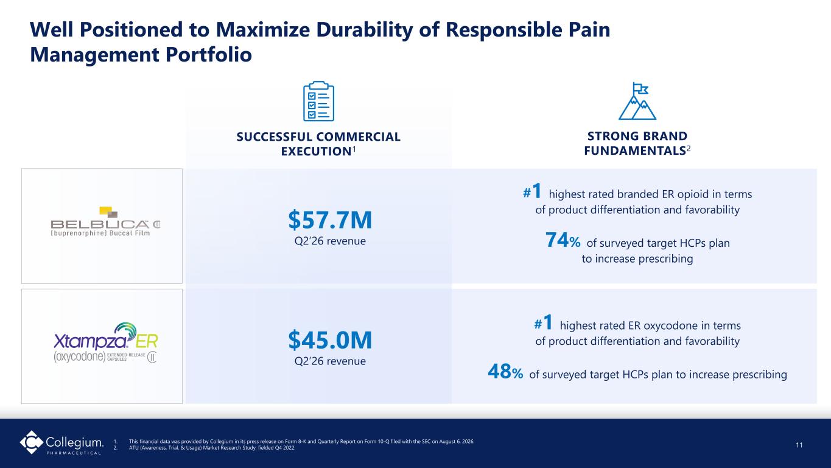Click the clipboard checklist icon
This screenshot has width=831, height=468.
tap(318, 101)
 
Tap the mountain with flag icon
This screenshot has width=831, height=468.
tap(637, 101)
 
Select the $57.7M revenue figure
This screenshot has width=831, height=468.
tap(330, 219)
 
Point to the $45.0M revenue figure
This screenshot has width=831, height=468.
tap(330, 340)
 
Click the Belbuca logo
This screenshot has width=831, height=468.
tap(105, 222)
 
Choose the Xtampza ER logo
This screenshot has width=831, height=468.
tap(106, 342)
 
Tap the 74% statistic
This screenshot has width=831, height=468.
tap(563, 240)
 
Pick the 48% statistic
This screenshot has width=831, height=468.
tap(505, 371)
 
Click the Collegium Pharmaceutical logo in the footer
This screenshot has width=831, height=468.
tap(61, 442)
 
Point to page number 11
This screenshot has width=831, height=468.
tap(799, 445)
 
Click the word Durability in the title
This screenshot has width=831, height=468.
tap(364, 30)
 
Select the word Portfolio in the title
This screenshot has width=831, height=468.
tap(209, 55)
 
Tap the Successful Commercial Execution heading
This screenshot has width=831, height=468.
tap(318, 144)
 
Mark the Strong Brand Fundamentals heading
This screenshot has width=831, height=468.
tap(637, 143)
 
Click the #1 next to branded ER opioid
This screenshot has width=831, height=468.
tap(532, 191)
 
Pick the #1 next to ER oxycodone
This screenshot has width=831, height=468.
tap(543, 322)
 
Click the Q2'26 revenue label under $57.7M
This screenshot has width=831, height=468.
tap(330, 241)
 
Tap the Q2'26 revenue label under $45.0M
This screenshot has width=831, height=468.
tap(330, 361)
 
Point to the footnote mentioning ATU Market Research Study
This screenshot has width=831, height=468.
tap(212, 448)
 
